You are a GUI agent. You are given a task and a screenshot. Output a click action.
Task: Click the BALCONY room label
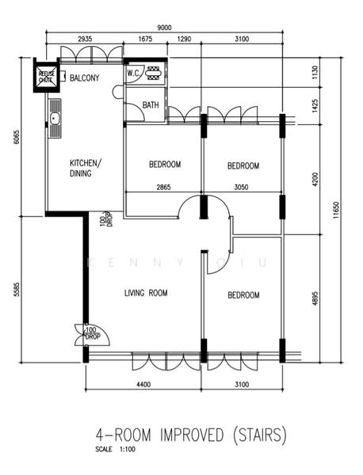click(85, 78)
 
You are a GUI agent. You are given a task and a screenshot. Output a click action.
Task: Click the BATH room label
click(151, 105)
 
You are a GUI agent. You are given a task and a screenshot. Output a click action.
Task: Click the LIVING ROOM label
click(146, 294)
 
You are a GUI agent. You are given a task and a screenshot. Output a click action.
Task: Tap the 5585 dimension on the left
click(15, 289)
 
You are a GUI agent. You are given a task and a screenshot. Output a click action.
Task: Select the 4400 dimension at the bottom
click(143, 385)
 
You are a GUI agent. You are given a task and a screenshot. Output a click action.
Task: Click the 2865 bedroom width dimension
click(163, 187)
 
